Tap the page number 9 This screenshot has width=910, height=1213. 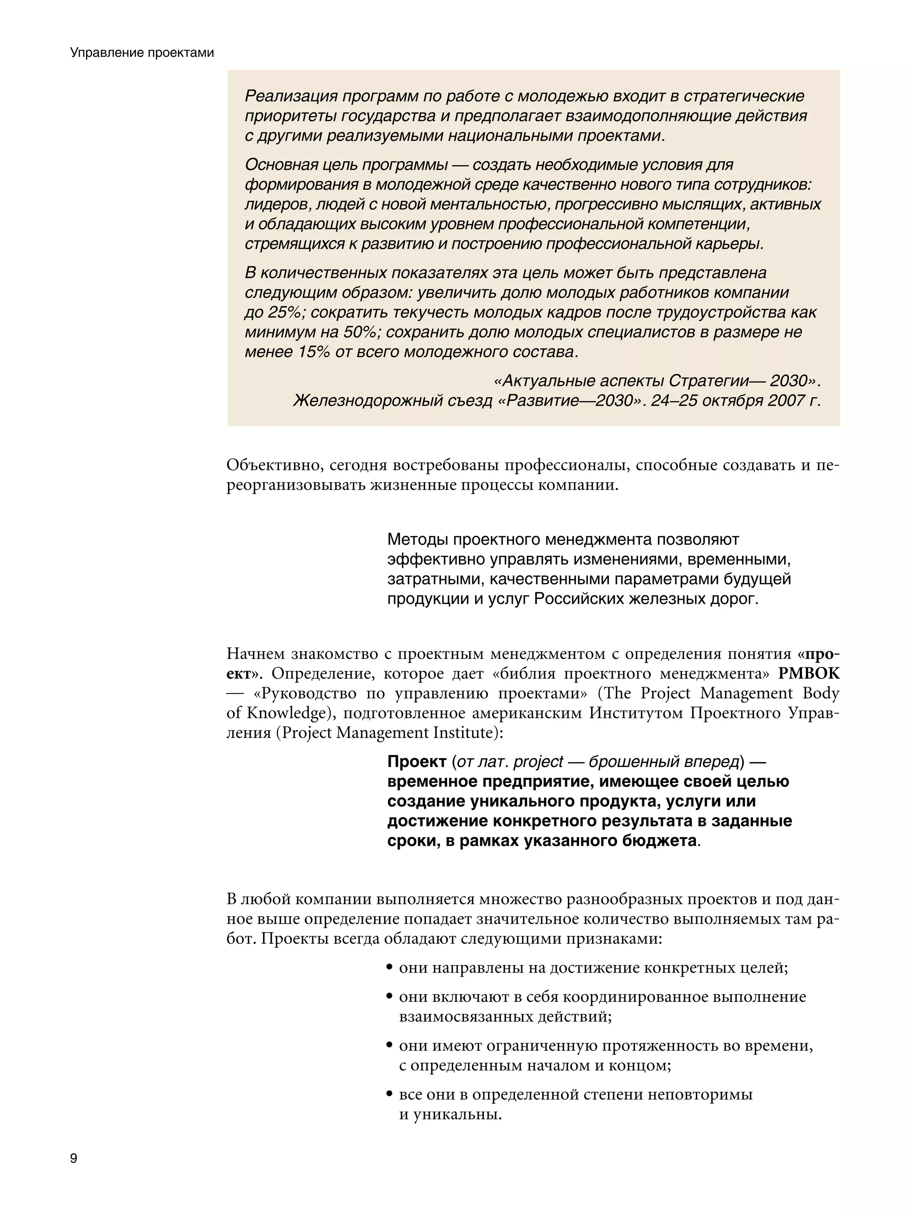click(x=73, y=1158)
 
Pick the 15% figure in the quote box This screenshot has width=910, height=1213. click(x=313, y=351)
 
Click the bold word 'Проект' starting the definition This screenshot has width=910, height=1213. click(x=416, y=762)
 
